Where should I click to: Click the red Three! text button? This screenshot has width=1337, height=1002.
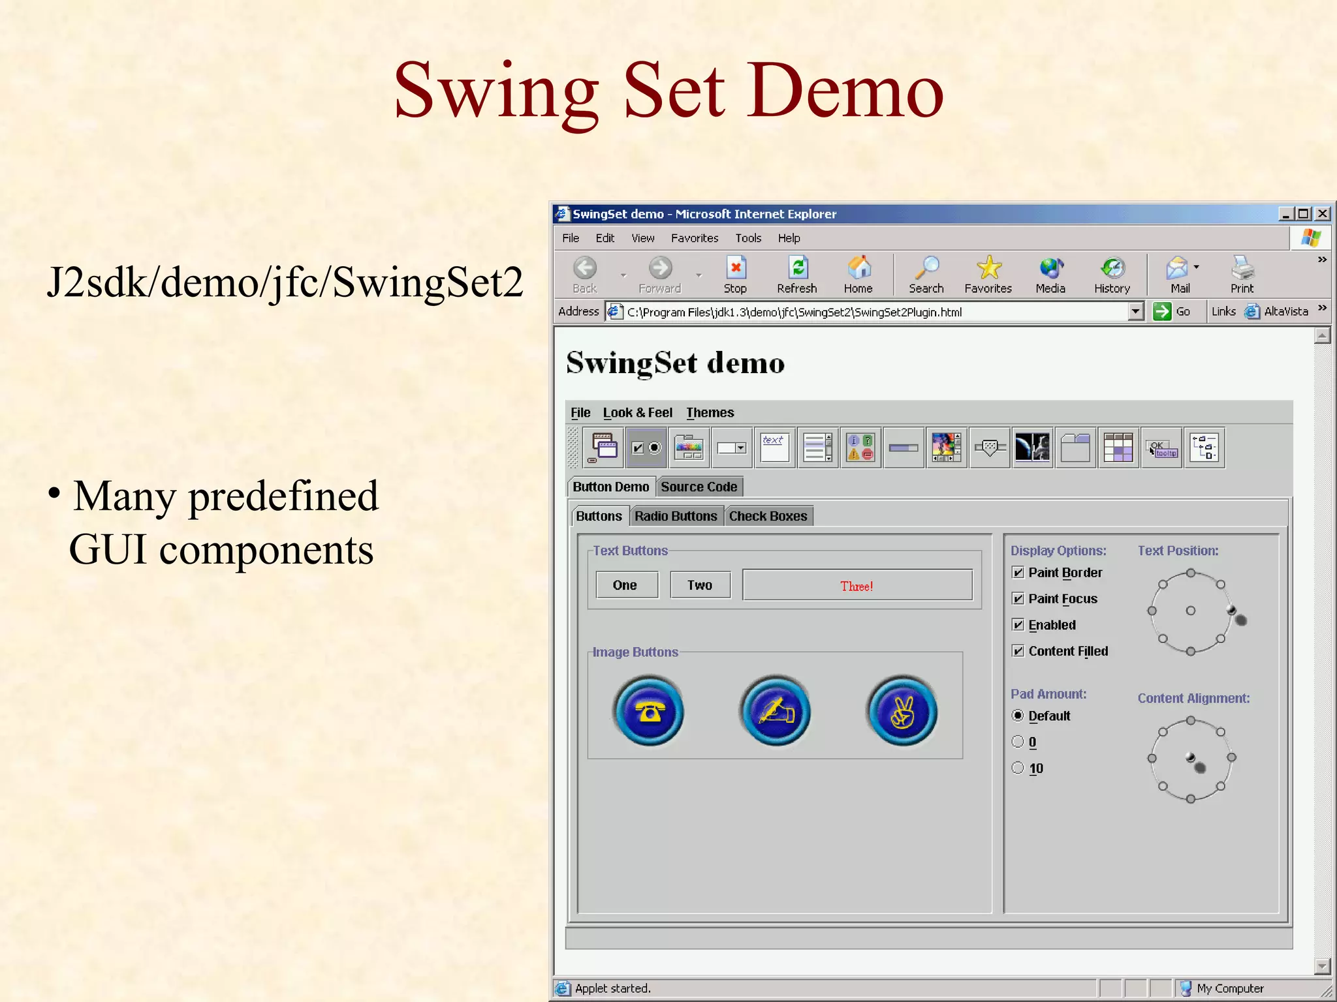[857, 585]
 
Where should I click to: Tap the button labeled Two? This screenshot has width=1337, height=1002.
[699, 585]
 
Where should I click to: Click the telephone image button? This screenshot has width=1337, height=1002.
[648, 711]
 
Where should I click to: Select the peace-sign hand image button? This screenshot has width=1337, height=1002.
[902, 711]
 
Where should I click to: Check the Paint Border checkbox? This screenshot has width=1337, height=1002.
[1018, 573]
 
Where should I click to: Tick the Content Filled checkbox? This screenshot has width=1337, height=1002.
[1018, 651]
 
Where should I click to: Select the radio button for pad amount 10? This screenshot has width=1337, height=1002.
[1018, 768]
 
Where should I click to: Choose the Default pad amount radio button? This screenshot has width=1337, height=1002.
[1018, 716]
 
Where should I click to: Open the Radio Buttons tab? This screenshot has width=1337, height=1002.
[676, 516]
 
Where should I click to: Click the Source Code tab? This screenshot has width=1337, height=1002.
[699, 487]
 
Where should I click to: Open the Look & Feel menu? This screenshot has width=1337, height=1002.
[637, 412]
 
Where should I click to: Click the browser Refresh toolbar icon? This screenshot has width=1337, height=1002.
[797, 269]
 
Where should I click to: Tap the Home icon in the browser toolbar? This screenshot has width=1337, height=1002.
[858, 269]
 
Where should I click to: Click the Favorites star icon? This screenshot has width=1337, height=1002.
[988, 268]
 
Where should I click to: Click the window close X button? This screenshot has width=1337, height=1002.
[1322, 214]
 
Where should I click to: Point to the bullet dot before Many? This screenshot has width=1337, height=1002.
[54, 493]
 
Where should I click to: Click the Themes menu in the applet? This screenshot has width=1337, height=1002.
[710, 412]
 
